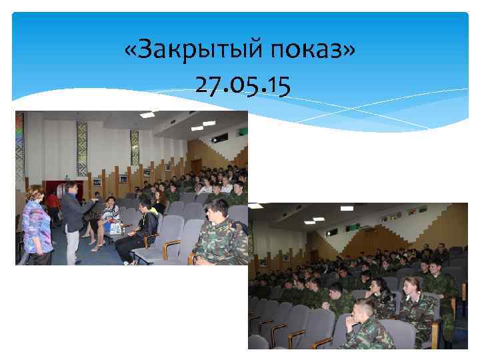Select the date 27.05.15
coord(242,85)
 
